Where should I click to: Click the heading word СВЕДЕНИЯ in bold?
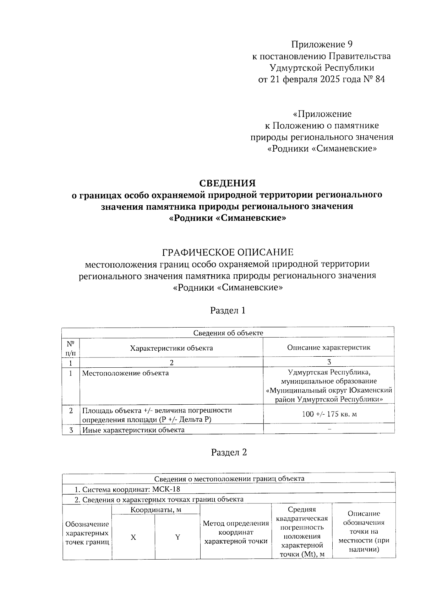(x=227, y=183)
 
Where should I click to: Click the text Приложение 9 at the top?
(x=322, y=44)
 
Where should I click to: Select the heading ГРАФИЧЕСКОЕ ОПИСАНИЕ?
(x=228, y=252)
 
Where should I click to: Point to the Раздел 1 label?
(x=228, y=310)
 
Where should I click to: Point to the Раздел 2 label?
(x=229, y=452)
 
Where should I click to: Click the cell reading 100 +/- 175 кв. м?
(x=329, y=414)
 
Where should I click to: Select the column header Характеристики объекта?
(x=171, y=348)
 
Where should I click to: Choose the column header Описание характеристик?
(x=329, y=347)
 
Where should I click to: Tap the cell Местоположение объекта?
(x=126, y=373)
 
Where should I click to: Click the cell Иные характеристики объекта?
(x=133, y=430)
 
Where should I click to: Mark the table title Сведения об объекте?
(x=228, y=333)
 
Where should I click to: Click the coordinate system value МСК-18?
(x=166, y=489)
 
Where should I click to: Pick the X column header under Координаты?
(x=133, y=537)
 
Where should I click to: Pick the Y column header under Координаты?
(x=177, y=537)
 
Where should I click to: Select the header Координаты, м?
(x=156, y=510)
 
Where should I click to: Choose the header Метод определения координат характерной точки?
(x=236, y=532)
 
